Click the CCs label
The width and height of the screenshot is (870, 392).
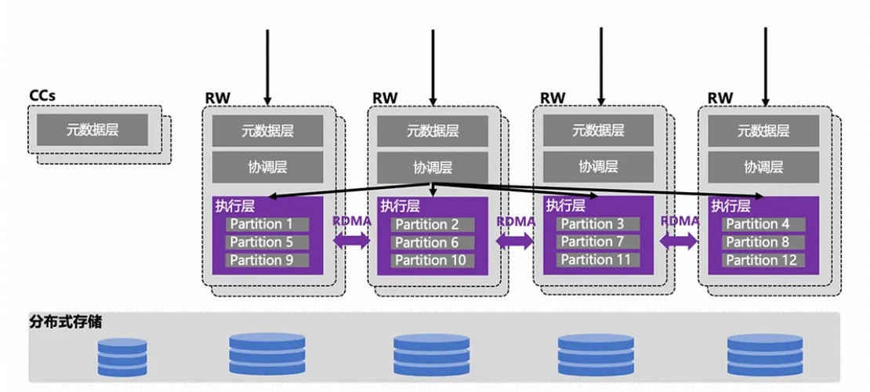[x=42, y=96]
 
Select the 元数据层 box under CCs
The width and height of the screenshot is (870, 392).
[x=92, y=129]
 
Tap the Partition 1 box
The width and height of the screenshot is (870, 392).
[x=267, y=224]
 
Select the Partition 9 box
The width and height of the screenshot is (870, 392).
[x=267, y=260]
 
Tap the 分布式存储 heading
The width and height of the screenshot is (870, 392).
[x=66, y=322]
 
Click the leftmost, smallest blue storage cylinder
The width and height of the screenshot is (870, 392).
[x=122, y=357]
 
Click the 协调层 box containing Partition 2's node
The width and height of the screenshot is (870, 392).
[x=433, y=167]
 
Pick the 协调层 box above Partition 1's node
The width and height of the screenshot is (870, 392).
[x=267, y=167]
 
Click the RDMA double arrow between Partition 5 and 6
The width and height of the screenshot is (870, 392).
[x=351, y=241]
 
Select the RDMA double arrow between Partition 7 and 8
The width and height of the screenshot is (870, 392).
[x=680, y=241]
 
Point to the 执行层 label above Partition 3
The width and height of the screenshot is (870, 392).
[x=565, y=206]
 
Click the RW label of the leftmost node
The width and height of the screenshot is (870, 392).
[x=219, y=98]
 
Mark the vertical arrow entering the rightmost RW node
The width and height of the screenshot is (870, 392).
[x=767, y=67]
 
